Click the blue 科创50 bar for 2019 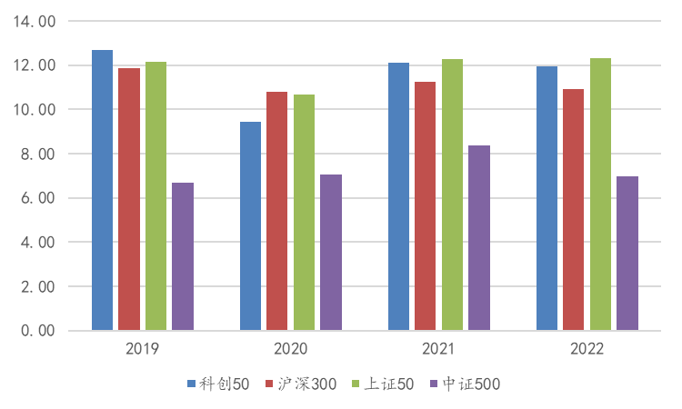[102, 190]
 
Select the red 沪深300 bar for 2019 [129, 199]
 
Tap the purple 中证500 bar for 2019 [183, 256]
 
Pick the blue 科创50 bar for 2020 [250, 226]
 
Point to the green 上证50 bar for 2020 [304, 213]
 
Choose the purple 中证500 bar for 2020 [331, 253]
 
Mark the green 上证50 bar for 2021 [452, 195]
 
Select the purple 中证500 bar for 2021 [479, 238]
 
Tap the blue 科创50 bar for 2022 [547, 198]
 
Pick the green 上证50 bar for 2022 [600, 195]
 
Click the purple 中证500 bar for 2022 [627, 254]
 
